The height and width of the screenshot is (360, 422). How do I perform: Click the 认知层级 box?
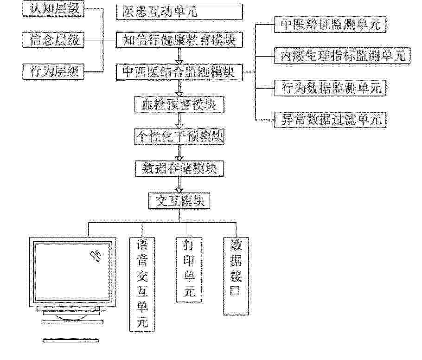point(53,9)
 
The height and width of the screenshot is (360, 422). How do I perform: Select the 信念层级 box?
point(53,40)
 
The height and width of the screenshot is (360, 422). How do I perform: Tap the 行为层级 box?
point(53,72)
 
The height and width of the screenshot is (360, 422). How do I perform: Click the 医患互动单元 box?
point(179,12)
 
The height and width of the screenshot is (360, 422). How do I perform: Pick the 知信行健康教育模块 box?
point(179,40)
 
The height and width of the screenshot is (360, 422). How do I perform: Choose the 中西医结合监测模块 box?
point(179,72)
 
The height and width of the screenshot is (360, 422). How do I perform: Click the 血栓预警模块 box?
point(179,104)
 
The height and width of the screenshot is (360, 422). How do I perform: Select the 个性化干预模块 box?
point(179,136)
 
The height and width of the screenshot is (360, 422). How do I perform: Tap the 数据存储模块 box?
point(179,169)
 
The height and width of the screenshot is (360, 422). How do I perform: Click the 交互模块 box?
point(179,201)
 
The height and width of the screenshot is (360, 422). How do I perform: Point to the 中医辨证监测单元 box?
point(330,25)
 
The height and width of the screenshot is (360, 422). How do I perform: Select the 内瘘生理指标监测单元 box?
point(342,56)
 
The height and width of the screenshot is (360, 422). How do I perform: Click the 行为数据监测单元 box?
point(330,88)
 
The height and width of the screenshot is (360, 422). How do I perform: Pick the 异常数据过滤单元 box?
point(330,120)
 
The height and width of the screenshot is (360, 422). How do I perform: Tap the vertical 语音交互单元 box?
point(142,284)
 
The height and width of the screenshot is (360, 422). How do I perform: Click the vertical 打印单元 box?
point(189,270)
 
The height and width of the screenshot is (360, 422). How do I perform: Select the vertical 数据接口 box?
point(236,276)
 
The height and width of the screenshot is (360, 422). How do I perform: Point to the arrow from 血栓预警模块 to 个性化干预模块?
point(179,120)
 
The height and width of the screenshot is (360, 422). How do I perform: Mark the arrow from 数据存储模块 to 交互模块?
point(179,185)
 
